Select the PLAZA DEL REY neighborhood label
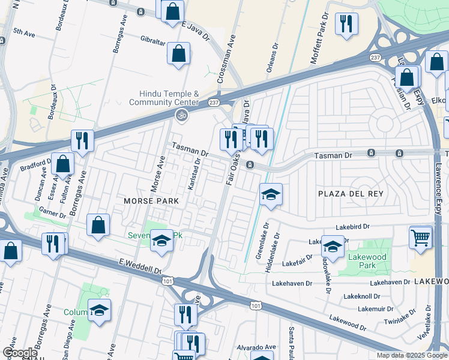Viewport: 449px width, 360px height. pyautogui.click(x=350, y=194)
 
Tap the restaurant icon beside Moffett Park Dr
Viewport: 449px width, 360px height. pyautogui.click(x=346, y=24)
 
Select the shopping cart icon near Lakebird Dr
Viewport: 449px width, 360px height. pyautogui.click(x=421, y=237)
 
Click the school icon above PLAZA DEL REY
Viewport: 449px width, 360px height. pyautogui.click(x=271, y=194)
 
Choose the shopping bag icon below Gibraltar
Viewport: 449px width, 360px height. pyautogui.click(x=179, y=53)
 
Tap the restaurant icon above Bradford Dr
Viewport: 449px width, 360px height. pyautogui.click(x=82, y=140)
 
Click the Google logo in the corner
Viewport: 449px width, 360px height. pyautogui.click(x=20, y=353)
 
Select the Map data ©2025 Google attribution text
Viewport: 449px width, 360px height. pyautogui.click(x=412, y=355)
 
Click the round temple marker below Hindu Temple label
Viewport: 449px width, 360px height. pyautogui.click(x=179, y=114)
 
